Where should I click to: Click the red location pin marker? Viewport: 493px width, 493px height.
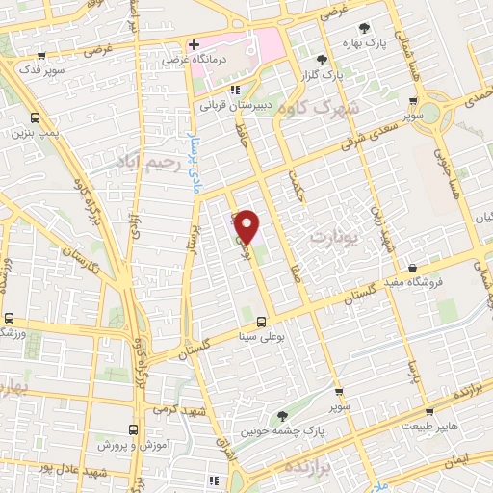[x=246, y=225]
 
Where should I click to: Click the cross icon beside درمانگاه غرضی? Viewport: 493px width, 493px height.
[x=194, y=44]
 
